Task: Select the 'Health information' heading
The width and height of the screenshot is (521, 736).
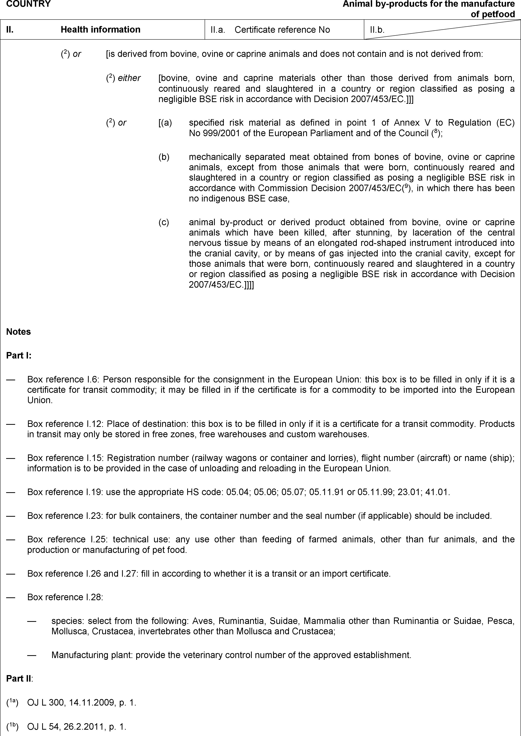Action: [100, 29]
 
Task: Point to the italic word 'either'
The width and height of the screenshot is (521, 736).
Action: [129, 78]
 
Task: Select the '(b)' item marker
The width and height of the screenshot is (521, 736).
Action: [164, 157]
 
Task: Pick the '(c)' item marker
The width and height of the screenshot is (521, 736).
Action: [164, 222]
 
